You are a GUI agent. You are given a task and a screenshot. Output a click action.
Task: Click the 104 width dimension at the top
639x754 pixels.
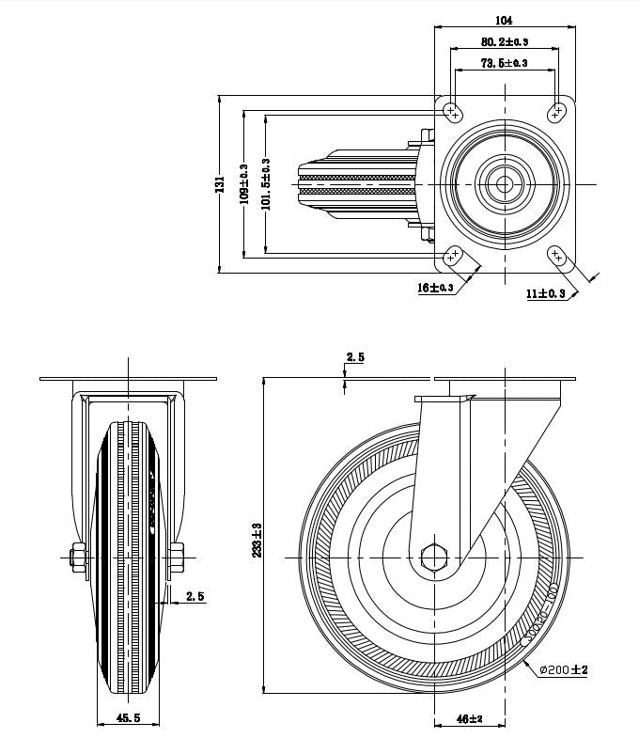(503, 20)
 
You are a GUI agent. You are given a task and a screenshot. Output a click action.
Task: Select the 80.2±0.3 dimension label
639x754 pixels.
(505, 41)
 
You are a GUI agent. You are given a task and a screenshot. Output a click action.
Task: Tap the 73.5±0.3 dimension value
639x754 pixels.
(505, 63)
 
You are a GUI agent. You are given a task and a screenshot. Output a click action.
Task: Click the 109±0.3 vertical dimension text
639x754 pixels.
(243, 183)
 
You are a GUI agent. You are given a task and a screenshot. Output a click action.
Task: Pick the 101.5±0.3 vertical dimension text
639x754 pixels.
(266, 183)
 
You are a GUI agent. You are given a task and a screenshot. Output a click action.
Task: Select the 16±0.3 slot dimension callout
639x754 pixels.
(435, 288)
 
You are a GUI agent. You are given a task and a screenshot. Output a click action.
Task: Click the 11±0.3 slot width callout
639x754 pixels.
(546, 293)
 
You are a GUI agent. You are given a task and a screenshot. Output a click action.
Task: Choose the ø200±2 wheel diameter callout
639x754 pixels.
(564, 670)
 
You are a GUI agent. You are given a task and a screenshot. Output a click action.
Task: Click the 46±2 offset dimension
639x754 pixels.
(469, 719)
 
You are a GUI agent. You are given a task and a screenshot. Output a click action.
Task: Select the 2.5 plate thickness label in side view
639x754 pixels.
(355, 357)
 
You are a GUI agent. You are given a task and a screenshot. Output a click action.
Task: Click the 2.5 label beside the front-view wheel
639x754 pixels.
(195, 595)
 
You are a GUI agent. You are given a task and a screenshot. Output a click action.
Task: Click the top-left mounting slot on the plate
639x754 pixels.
(452, 112)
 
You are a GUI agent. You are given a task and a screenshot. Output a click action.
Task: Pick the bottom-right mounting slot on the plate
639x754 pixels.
(557, 256)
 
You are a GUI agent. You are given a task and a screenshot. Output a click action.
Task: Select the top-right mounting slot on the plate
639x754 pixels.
(558, 112)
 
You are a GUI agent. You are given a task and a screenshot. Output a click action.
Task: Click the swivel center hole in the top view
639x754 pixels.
(505, 183)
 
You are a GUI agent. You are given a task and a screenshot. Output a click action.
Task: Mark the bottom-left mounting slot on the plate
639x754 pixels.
(452, 256)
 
